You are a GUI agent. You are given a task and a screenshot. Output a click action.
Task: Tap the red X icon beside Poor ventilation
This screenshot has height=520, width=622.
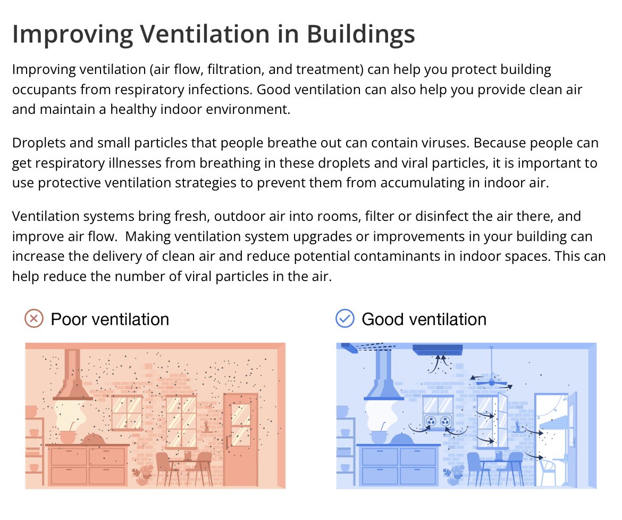point(33,319)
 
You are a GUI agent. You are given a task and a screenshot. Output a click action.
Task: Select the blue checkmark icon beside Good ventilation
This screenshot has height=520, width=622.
point(345,319)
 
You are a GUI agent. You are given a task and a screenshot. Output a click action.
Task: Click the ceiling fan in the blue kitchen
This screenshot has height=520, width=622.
point(491,382)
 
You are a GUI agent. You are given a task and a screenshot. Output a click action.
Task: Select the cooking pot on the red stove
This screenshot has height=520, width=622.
point(68,436)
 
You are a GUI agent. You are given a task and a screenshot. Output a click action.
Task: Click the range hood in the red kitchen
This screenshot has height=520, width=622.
point(73,378)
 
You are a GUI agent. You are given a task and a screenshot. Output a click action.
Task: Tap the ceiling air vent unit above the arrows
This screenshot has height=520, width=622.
point(438,350)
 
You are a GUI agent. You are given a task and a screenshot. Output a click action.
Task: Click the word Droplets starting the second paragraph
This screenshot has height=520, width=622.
point(37,144)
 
